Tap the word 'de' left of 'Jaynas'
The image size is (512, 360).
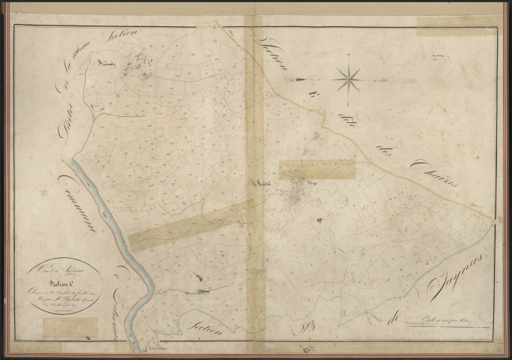tap(389, 301)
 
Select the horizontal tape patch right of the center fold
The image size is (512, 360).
tap(316, 169)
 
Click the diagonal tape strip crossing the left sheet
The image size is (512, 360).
tap(191, 223)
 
